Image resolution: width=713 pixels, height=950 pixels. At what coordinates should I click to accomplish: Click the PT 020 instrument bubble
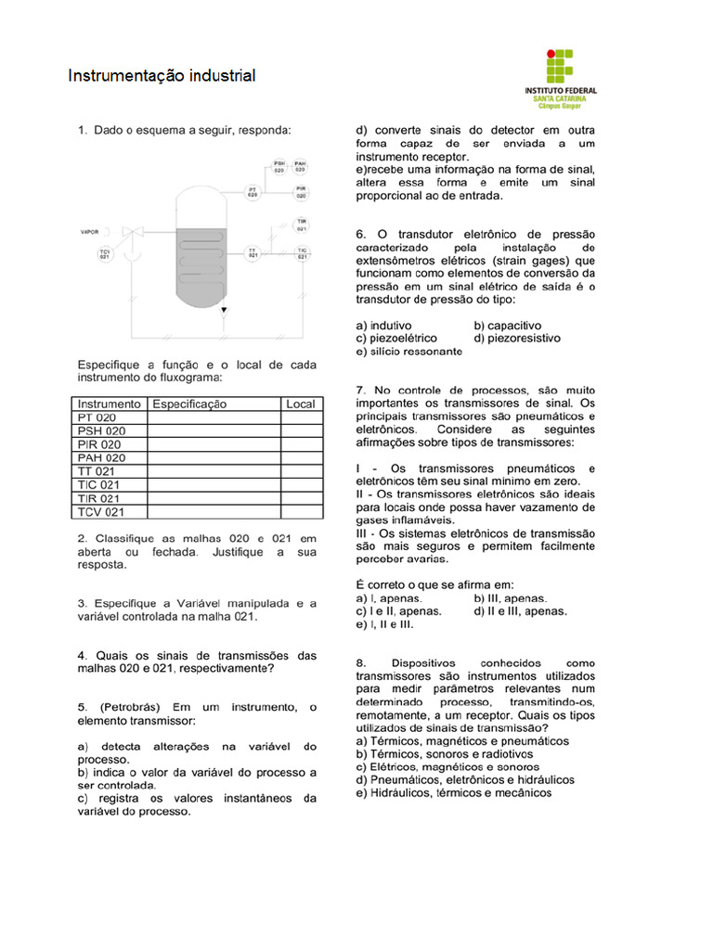tap(253, 191)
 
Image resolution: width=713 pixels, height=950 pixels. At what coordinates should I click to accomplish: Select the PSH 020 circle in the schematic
tap(279, 167)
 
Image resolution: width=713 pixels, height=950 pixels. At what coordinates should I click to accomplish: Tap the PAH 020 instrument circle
tap(301, 167)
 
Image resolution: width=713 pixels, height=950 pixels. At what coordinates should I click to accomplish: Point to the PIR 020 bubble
tap(301, 192)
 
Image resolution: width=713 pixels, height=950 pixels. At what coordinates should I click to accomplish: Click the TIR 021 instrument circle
tap(302, 225)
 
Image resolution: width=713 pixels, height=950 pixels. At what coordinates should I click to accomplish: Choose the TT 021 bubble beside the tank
tap(253, 252)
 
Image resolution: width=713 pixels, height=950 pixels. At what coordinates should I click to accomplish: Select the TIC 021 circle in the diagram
tap(302, 252)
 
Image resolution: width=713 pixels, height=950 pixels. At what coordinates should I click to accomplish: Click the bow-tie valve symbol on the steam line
tap(131, 232)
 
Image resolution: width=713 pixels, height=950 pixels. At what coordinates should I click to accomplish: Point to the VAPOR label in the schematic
tap(89, 232)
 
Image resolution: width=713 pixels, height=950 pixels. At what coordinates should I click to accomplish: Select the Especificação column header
tap(189, 404)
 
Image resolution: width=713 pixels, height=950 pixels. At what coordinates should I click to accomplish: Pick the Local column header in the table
tap(301, 404)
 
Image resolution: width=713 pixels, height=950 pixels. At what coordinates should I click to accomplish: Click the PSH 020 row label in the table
tap(101, 430)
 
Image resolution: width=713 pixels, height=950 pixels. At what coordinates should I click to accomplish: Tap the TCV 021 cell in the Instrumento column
tap(101, 511)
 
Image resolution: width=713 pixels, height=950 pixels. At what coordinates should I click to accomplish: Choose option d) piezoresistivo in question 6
tap(517, 339)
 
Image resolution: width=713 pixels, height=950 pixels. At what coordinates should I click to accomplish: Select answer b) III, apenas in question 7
tap(510, 598)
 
